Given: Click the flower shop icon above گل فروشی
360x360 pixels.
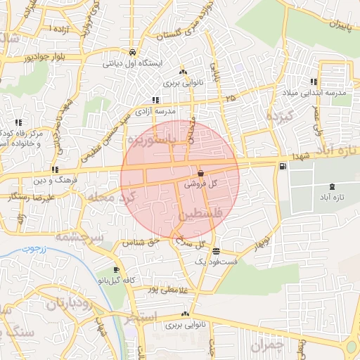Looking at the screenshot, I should point(201,173).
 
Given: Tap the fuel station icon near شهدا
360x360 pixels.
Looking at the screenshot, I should point(283,166).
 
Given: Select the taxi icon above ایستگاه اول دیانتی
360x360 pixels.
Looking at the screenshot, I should point(132,52).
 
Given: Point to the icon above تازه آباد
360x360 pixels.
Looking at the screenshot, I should point(332,186).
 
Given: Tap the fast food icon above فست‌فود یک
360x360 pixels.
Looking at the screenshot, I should point(216,251).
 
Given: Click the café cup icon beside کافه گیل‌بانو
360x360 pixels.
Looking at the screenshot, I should point(116,270).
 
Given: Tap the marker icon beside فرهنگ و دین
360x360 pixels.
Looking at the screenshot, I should point(55,169).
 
